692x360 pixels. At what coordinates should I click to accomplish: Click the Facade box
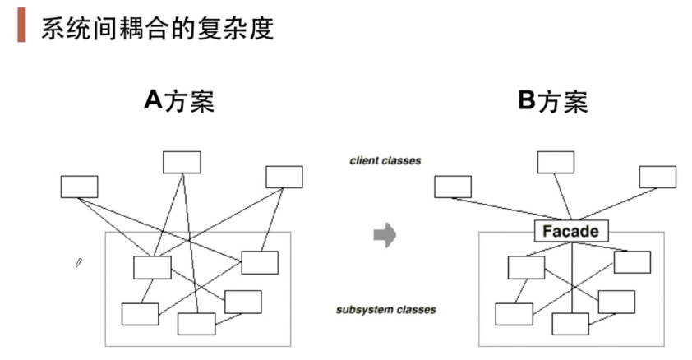(571, 231)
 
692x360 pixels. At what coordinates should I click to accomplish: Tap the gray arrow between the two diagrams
(385, 236)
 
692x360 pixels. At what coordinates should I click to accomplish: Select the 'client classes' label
(385, 161)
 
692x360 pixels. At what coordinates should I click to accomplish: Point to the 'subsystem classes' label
(385, 310)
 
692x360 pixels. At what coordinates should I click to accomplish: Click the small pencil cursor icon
(78, 263)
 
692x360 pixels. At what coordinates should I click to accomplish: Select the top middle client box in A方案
(182, 162)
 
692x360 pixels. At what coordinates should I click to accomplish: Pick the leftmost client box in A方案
(79, 187)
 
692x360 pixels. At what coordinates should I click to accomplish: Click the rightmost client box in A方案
(284, 177)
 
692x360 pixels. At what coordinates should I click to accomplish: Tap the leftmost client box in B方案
(453, 187)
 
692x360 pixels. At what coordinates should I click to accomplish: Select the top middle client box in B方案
(556, 162)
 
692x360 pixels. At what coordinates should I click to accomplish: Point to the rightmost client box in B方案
(657, 177)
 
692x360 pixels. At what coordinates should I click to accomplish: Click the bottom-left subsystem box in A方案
(140, 314)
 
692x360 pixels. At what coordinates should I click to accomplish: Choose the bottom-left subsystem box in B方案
(514, 314)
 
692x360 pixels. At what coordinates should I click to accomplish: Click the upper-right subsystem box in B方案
(632, 262)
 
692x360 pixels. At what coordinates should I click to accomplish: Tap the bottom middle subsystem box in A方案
(196, 324)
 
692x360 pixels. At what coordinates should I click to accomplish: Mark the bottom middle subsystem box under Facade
(570, 324)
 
